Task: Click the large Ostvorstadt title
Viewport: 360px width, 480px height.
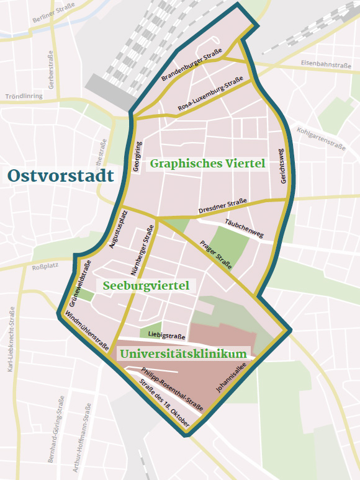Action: [x=61, y=175]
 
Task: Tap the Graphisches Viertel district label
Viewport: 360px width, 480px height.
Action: [x=207, y=164]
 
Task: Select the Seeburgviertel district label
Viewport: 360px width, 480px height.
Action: [x=146, y=286]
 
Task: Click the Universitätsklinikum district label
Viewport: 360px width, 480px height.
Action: [x=183, y=354]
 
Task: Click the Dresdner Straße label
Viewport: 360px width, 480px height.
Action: [x=222, y=205]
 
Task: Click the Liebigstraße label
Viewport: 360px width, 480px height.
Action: [x=167, y=337]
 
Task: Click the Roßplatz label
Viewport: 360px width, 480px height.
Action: [x=44, y=267]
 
